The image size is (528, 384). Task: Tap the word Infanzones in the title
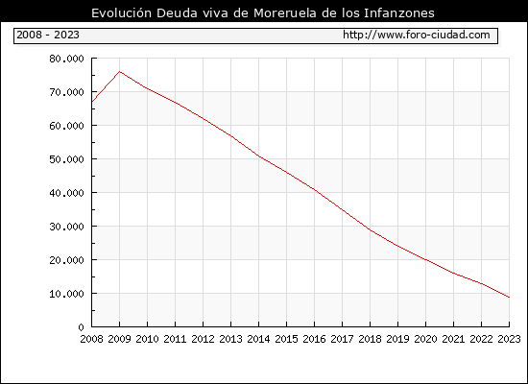[x=399, y=12]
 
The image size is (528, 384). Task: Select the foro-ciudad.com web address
[x=417, y=35]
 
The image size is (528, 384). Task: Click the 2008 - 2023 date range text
[x=48, y=35]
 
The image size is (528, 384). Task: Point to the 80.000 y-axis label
[x=66, y=59]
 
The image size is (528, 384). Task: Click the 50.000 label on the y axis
[x=66, y=159]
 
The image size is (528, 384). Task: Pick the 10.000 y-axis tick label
[x=66, y=294]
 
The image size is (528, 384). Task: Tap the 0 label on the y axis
[x=81, y=327]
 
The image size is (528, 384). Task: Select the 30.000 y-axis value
[x=66, y=227]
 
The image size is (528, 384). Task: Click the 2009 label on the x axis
[x=120, y=339]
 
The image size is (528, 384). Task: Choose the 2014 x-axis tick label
[x=258, y=339]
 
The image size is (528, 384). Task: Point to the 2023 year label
[x=509, y=339]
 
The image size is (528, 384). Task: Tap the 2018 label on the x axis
[x=370, y=339]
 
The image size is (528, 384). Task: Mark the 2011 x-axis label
[x=175, y=339]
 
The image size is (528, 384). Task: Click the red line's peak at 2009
[x=120, y=71]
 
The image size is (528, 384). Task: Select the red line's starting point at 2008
[x=92, y=102]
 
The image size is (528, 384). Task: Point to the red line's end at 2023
[x=509, y=298]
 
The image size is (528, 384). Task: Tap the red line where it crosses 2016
[x=315, y=190]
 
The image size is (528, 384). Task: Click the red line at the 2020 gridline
[x=425, y=260]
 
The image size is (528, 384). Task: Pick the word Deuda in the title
[x=177, y=12]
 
